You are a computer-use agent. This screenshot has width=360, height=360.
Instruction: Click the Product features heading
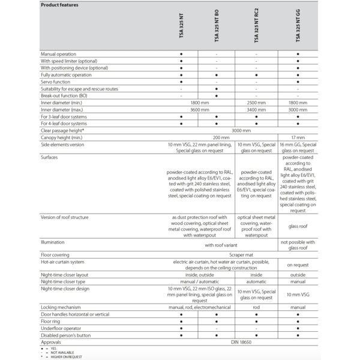(59, 5)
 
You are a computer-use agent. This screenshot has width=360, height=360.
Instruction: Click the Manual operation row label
(58, 54)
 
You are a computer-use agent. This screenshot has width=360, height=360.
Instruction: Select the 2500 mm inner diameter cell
(256, 103)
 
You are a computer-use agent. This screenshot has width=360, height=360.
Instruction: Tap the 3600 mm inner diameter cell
(199, 110)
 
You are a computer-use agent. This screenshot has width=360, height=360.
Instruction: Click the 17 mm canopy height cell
(298, 137)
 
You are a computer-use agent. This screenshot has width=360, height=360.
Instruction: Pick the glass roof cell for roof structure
(298, 228)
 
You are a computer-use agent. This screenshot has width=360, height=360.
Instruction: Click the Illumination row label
(53, 242)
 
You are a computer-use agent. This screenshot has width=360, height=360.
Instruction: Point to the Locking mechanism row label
(62, 307)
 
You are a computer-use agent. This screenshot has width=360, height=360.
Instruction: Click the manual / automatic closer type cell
(199, 281)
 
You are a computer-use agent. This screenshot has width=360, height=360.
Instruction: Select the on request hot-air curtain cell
(298, 265)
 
